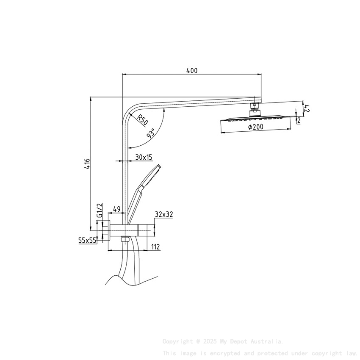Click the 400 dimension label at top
192,71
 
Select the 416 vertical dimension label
87,164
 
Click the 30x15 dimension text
144,157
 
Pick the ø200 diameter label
255,127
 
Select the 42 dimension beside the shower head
307,108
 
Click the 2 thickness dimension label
299,121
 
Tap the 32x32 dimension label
164,215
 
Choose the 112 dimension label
155,247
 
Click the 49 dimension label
116,209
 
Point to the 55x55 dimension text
87,240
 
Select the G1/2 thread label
100,210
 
